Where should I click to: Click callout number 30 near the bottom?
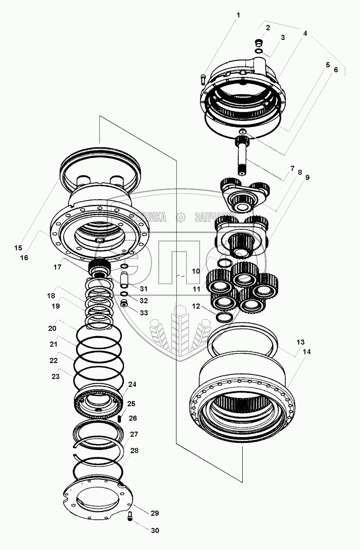155,530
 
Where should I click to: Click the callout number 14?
307,351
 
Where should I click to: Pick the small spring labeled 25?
120,418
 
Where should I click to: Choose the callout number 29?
154,514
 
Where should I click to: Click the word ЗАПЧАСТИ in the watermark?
215,217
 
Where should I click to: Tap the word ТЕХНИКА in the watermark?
148,217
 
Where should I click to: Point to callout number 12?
196,306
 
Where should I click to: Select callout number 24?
132,384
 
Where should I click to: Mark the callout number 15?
18,248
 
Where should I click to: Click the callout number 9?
307,177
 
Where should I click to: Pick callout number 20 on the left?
53,328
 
